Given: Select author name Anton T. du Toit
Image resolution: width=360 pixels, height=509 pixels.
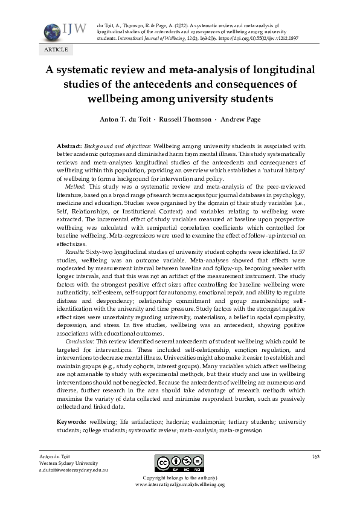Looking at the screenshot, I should tap(125, 119).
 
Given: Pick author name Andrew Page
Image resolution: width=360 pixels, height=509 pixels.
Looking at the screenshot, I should tap(240, 119).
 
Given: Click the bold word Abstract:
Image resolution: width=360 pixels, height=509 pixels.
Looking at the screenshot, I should tap(69, 147).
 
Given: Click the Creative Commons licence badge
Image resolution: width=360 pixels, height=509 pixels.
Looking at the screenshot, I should tap(179, 464).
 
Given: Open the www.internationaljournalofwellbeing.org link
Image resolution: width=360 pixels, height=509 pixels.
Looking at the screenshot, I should tap(179, 485).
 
